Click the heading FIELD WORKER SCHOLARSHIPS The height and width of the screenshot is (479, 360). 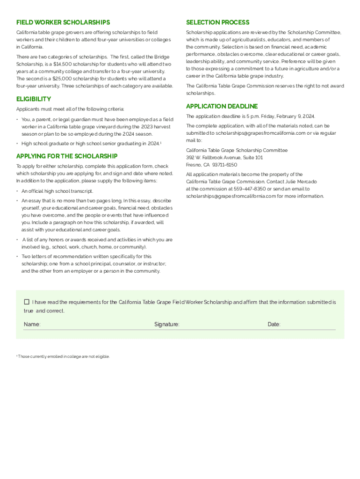pos(63,22)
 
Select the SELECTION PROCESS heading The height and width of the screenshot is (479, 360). pos(217,22)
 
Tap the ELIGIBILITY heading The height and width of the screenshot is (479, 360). pos(34,99)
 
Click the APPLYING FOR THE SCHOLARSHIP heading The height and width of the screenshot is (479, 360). pos(67,156)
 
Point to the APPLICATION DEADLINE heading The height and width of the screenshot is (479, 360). pos(222,106)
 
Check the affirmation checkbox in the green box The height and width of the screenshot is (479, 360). pos(27,302)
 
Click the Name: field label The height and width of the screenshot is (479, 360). pos(32,324)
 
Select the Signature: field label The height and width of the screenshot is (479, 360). pos(167,324)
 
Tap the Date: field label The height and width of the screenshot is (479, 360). pos(274,324)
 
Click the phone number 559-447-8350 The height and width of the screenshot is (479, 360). pos(250,189)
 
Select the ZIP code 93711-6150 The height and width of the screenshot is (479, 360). pos(224,165)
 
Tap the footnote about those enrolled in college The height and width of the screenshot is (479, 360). pos(64,356)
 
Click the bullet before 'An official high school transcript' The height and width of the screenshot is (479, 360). pos(17,191)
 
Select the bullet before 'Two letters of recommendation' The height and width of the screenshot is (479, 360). pos(17,257)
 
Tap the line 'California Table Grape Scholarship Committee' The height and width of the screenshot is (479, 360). pos(237,151)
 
